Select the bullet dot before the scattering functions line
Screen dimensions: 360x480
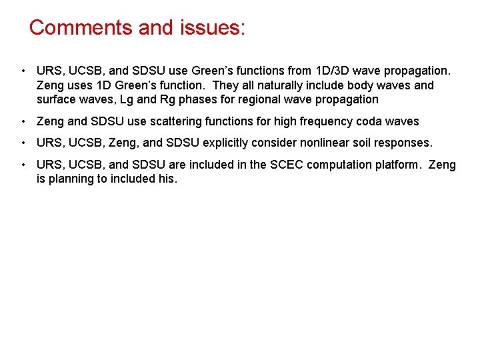click(x=23, y=121)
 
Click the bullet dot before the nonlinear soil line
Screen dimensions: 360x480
click(x=23, y=143)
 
